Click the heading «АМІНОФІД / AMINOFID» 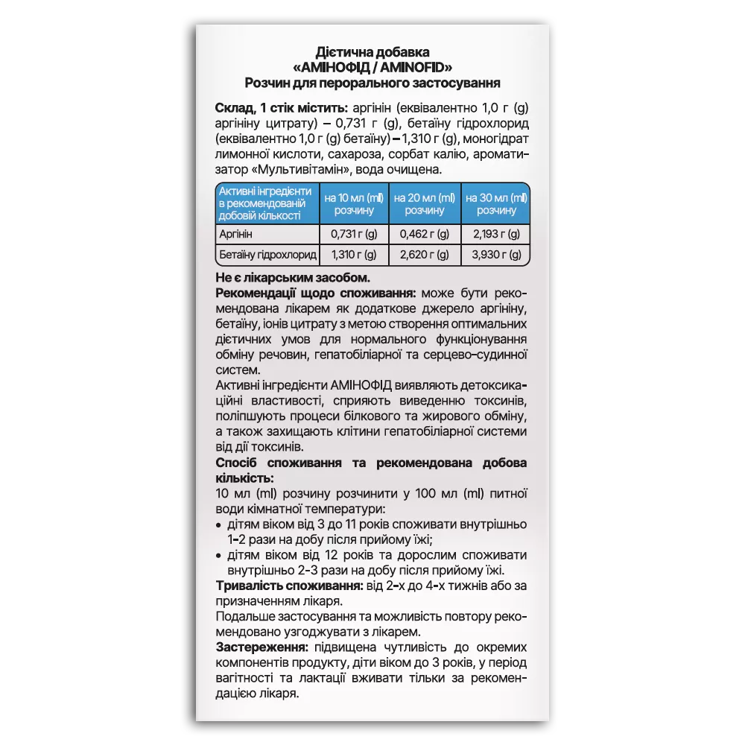[x=372, y=68]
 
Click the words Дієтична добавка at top [x=372, y=53]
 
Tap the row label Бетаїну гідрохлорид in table [x=267, y=256]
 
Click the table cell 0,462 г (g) [x=424, y=234]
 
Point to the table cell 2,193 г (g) [x=495, y=234]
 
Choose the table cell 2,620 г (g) [x=424, y=256]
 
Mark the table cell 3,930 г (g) [x=495, y=256]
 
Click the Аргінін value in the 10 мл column [x=354, y=234]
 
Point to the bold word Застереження [x=261, y=647]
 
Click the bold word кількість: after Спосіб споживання [x=244, y=478]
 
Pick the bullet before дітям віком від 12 [x=218, y=555]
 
